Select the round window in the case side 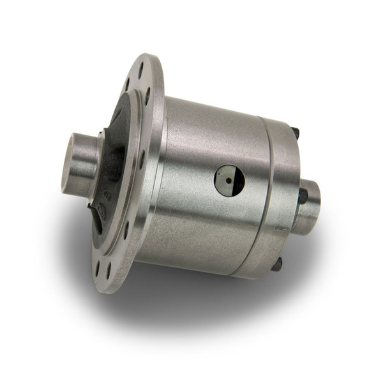229,180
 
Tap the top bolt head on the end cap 295,133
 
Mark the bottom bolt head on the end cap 276,262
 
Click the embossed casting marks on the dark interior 105,199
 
